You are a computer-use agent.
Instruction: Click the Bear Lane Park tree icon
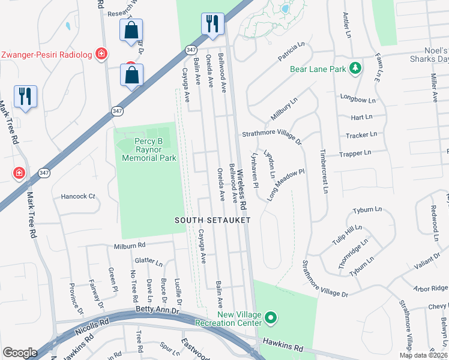pos(356,68)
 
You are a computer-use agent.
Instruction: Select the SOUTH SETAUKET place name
pos(212,220)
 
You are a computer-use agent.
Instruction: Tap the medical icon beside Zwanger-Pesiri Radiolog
pos(102,55)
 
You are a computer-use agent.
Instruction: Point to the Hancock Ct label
pos(78,196)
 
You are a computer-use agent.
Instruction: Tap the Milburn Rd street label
pos(130,245)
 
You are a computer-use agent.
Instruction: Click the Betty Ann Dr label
pos(158,311)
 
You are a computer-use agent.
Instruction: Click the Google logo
pos(20,352)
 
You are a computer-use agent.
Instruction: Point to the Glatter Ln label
pos(149,262)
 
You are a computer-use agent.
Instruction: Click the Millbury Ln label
pos(285,110)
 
